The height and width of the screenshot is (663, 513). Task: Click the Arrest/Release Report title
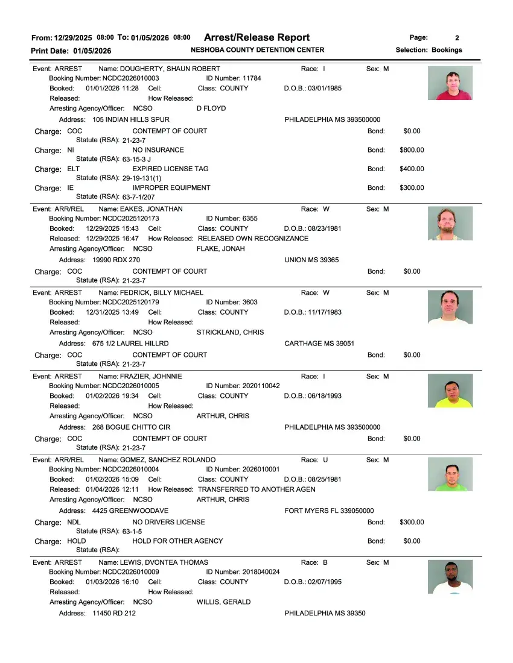(x=256, y=37)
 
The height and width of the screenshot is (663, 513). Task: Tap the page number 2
(x=457, y=37)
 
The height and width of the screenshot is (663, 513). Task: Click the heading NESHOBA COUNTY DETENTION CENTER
(x=257, y=50)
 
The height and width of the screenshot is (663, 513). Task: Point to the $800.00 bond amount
(x=412, y=150)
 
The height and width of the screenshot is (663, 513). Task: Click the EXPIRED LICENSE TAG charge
(x=170, y=169)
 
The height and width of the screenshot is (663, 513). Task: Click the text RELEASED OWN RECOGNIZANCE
(x=253, y=239)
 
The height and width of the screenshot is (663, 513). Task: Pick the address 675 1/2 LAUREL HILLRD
(x=130, y=344)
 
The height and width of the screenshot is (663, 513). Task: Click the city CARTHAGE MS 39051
(x=319, y=344)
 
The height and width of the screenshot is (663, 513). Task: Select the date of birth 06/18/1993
(x=313, y=396)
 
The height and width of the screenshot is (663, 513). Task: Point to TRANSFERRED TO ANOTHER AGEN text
(x=256, y=489)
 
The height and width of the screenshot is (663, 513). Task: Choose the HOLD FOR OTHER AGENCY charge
(x=177, y=541)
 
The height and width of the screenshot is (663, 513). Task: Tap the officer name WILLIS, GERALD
(x=223, y=602)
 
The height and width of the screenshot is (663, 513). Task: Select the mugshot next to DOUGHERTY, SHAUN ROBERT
(x=450, y=83)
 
